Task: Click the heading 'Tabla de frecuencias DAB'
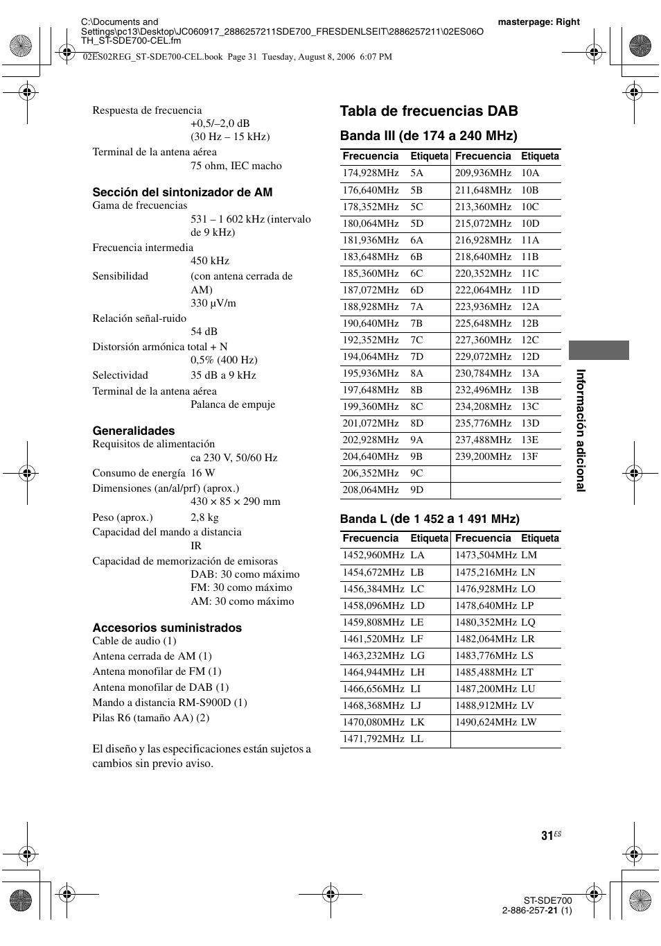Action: (x=429, y=111)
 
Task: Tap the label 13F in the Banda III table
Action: (x=529, y=456)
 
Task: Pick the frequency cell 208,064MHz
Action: (x=370, y=490)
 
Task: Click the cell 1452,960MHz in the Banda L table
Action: (x=373, y=556)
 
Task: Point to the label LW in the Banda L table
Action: (x=529, y=722)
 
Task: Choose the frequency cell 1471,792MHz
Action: (x=373, y=739)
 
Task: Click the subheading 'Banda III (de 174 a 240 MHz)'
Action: (x=428, y=135)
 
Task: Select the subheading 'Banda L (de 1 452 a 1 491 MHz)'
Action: (x=429, y=519)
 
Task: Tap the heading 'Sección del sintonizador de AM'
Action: (x=182, y=192)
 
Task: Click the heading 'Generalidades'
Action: (x=134, y=431)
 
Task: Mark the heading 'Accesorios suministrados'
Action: (x=167, y=628)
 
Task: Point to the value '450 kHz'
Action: (x=210, y=261)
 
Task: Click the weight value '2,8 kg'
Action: (x=204, y=517)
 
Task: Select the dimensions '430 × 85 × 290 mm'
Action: (x=236, y=501)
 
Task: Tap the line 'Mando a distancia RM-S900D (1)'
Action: (x=170, y=703)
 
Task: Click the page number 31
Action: (x=547, y=836)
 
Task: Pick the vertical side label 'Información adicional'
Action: (x=581, y=430)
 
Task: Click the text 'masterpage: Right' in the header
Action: (x=538, y=22)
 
